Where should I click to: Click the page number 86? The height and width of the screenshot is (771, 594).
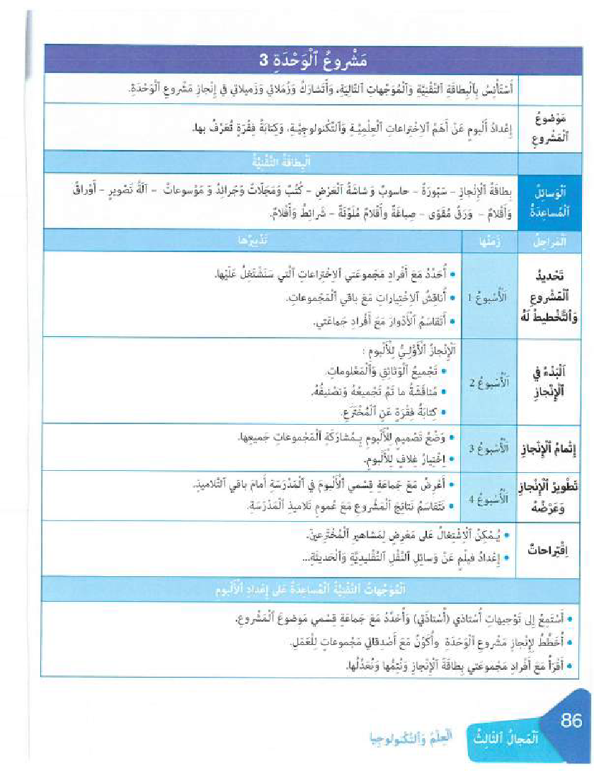(x=571, y=721)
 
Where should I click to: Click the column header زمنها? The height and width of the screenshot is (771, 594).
(x=489, y=241)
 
